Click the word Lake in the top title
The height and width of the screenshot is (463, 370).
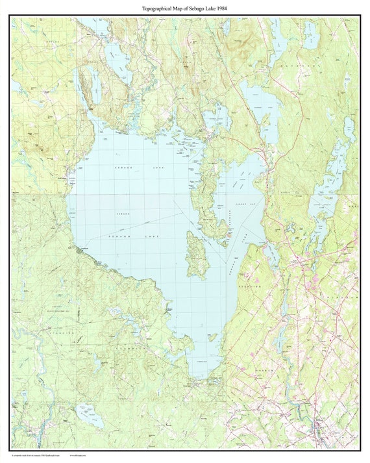tap(212, 8)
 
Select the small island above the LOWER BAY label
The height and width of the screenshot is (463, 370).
tap(212, 336)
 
